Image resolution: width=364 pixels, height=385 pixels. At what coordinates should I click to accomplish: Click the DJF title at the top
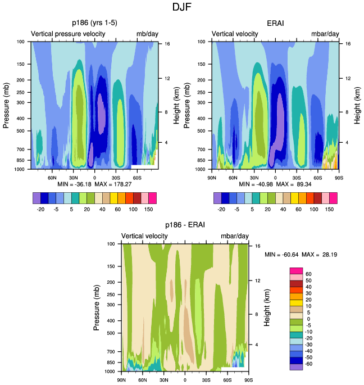point(182,8)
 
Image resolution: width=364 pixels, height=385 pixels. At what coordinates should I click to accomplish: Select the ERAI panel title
point(276,23)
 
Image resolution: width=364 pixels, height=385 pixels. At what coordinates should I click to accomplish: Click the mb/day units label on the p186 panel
point(147,34)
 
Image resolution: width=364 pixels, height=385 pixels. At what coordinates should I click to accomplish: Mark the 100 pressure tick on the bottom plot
point(110,244)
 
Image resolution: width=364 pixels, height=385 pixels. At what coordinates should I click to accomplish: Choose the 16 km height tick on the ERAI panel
point(348,43)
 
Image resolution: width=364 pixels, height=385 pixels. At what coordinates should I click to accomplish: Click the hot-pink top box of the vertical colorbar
point(295,271)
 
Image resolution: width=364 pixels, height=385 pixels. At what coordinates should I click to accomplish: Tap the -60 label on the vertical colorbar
point(308,364)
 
